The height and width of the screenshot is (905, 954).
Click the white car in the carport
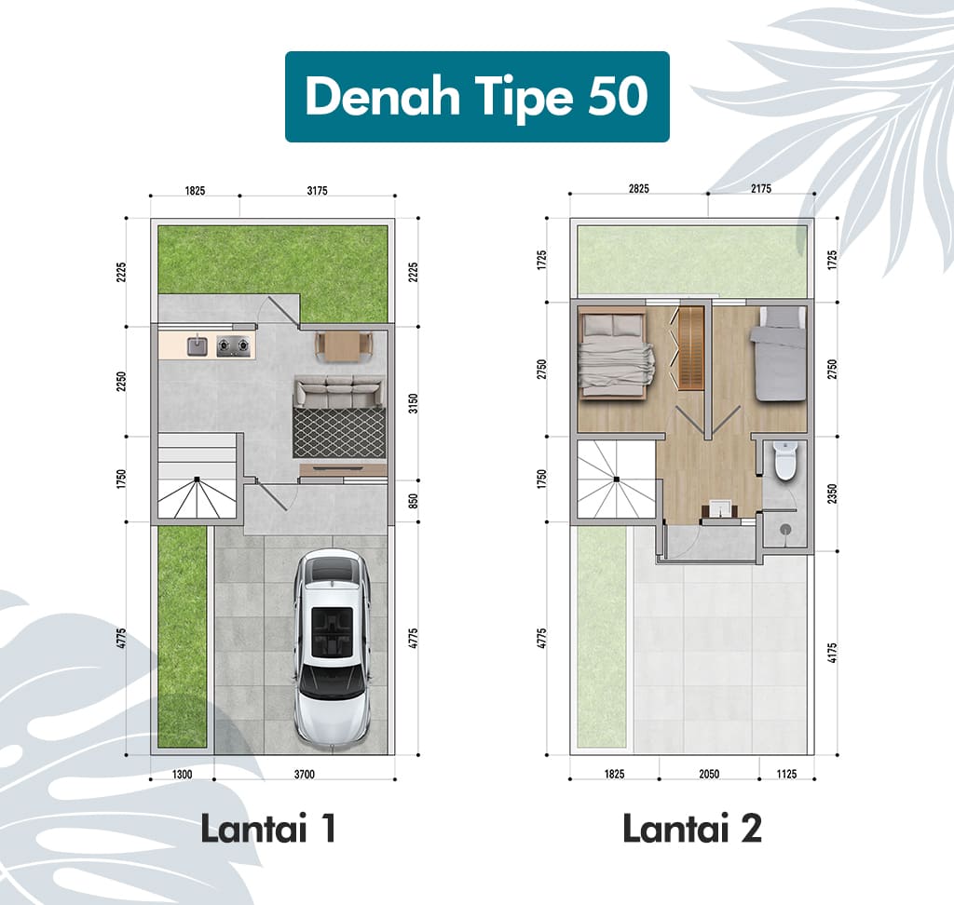(333, 647)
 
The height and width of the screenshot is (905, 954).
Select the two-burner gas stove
(234, 345)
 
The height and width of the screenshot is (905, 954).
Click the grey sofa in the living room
(339, 392)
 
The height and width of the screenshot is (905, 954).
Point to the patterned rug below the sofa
(339, 432)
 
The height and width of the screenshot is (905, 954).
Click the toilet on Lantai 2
(784, 461)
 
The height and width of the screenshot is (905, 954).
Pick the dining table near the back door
(344, 346)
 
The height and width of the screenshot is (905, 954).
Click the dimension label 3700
(305, 775)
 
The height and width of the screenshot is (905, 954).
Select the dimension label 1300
(182, 775)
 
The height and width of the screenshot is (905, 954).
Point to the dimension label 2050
(709, 775)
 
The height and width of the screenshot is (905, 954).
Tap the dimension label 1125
(786, 775)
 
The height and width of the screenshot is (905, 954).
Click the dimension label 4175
(832, 653)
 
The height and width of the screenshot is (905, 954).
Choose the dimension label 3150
(413, 403)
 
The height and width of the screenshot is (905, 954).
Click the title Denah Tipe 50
(477, 97)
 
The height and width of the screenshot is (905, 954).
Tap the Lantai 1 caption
(268, 829)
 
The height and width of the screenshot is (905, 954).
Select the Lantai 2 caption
(692, 829)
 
